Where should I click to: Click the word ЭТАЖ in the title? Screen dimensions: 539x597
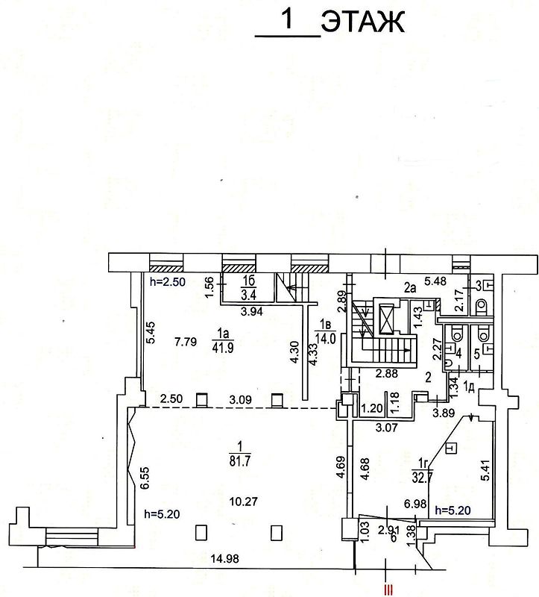pos(363,22)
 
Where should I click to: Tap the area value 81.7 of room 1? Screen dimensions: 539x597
pos(239,461)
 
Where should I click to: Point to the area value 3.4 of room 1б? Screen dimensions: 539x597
pos(248,294)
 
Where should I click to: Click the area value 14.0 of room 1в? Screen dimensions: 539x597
pos(327,338)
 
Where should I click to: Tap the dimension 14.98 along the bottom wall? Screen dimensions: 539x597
pos(225,558)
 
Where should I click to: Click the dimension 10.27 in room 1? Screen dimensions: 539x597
pos(244,501)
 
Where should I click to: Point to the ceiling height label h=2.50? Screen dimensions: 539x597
pos(168,282)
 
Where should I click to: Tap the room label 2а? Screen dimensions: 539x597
pos(409,288)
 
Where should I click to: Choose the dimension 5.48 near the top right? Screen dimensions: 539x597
pos(435,281)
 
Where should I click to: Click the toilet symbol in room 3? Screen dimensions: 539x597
pos(482,304)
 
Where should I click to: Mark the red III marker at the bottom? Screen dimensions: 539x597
pos(388,590)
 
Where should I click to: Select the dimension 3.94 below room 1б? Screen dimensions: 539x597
pos(252,312)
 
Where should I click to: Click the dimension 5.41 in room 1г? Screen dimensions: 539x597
pos(486,471)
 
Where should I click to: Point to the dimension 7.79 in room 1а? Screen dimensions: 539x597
pos(186,342)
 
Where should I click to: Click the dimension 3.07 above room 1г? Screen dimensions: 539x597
pos(386,428)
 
